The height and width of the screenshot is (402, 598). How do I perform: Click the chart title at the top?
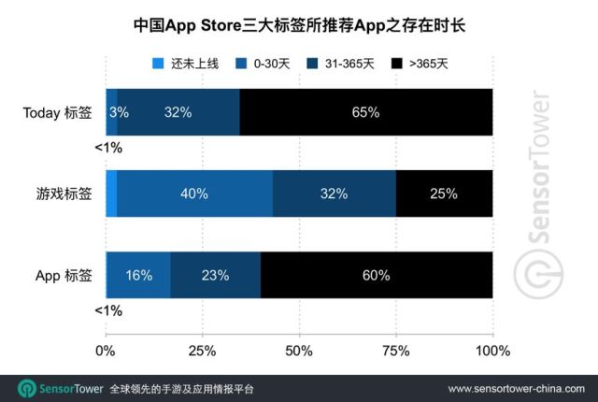pyautogui.click(x=299, y=26)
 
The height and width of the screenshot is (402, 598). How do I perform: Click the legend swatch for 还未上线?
pyautogui.click(x=158, y=64)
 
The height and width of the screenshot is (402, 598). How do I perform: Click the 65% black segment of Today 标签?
pyautogui.click(x=365, y=112)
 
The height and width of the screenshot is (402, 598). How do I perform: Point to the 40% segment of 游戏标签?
pyautogui.click(x=194, y=194)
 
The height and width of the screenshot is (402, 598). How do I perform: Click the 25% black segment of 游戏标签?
pyautogui.click(x=444, y=194)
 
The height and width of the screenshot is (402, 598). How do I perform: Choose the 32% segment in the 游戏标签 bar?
pyautogui.click(x=334, y=194)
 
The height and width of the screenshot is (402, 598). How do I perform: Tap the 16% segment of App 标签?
pyautogui.click(x=138, y=275)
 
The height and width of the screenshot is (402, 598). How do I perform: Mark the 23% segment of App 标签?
pyautogui.click(x=216, y=275)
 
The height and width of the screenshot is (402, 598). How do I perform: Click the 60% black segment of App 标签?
pyautogui.click(x=377, y=275)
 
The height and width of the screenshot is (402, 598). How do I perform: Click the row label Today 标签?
pyautogui.click(x=57, y=112)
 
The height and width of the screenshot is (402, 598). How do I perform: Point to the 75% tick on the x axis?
pyautogui.click(x=395, y=352)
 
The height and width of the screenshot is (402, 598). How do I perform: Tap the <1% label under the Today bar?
pyautogui.click(x=108, y=148)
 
